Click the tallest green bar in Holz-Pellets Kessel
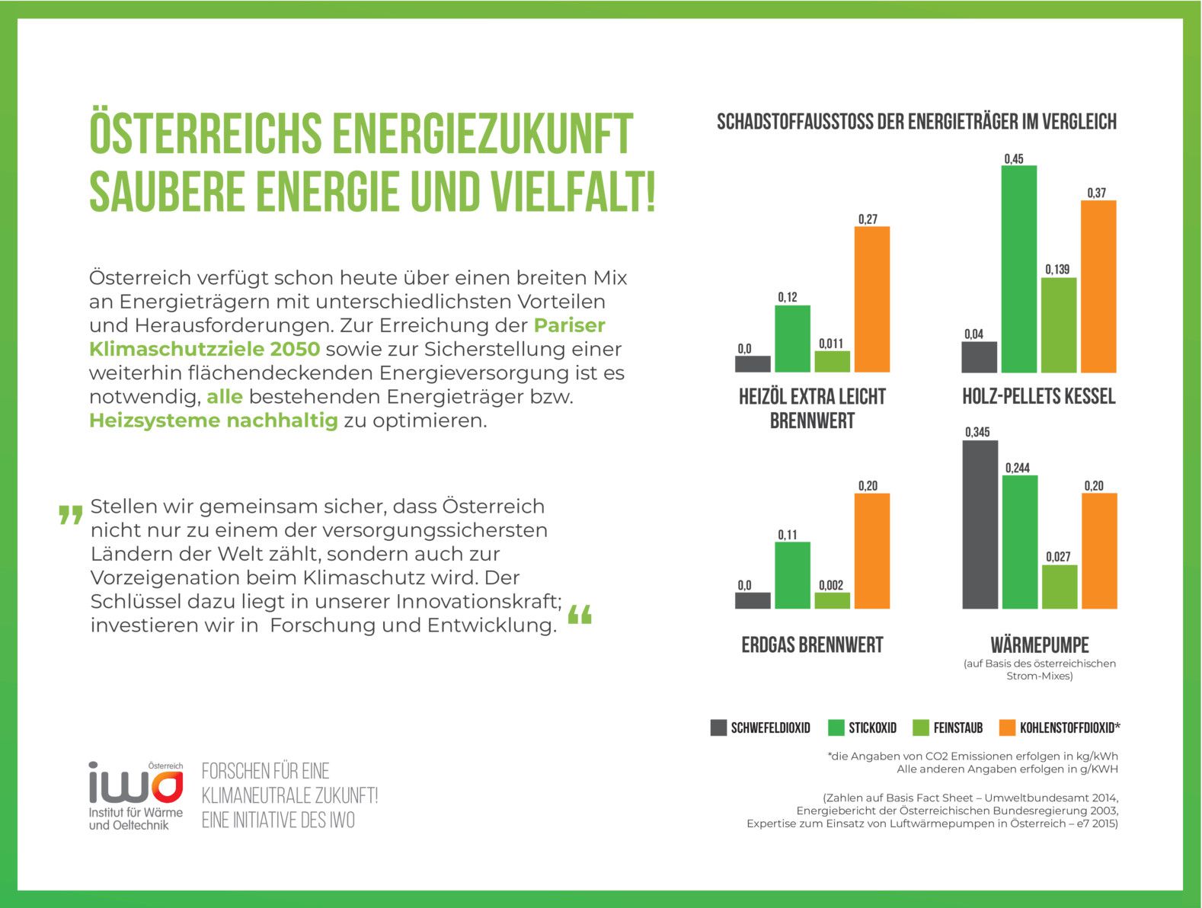tap(1018, 269)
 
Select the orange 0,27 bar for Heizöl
tap(871, 299)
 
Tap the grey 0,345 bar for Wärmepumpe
tap(980, 525)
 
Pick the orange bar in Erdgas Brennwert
tap(871, 551)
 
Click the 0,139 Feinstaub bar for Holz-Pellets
tap(1059, 325)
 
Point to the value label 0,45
tap(1014, 159)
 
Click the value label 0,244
tap(1017, 468)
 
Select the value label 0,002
tap(831, 585)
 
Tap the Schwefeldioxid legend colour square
tap(718, 727)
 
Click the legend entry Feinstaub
tap(957, 728)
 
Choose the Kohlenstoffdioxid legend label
tap(1069, 728)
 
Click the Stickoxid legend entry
tap(872, 728)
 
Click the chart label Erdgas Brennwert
tap(812, 645)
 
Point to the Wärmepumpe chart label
tap(1040, 645)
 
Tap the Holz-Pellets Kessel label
tap(1038, 396)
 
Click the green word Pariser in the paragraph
tap(570, 325)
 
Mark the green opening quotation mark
tap(70, 515)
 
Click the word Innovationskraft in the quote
tap(478, 601)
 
